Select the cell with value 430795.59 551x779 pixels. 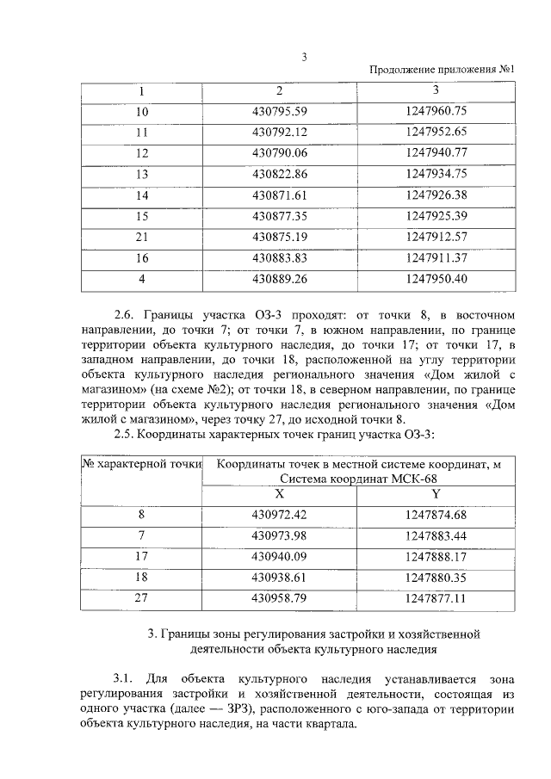point(280,111)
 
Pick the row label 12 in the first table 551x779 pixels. point(142,153)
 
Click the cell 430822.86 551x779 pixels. point(280,174)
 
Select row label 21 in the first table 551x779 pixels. point(142,237)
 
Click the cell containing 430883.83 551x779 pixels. point(280,257)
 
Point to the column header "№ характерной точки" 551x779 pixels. point(141,464)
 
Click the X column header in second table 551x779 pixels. point(279,494)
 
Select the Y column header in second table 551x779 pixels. point(435,494)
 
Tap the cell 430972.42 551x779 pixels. point(280,515)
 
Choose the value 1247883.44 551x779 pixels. point(435,535)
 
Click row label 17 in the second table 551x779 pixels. point(142,556)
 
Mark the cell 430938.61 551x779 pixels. point(280,577)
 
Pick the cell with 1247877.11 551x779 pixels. point(435,597)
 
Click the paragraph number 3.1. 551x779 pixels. point(125,678)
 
